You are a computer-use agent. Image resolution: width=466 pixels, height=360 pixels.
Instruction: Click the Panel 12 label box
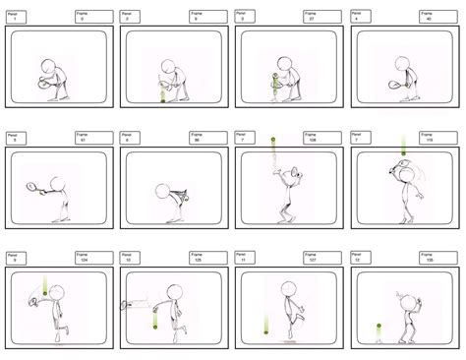click(367, 258)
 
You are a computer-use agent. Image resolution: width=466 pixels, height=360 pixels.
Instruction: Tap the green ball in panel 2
click(163, 96)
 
